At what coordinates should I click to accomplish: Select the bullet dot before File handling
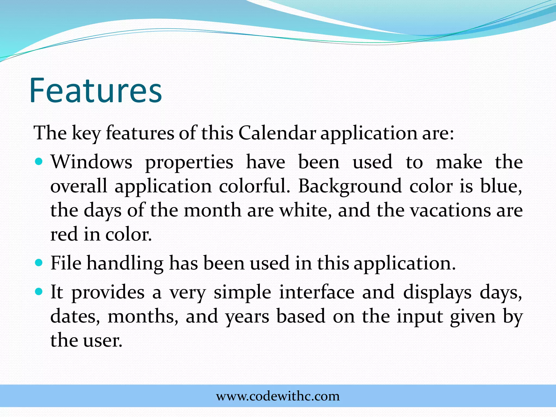pyautogui.click(x=39, y=263)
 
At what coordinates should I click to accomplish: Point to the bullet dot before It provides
pyautogui.click(x=39, y=292)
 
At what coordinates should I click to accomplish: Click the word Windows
pyautogui.click(x=91, y=162)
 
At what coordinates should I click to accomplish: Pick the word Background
pyautogui.click(x=350, y=187)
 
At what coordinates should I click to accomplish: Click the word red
pyautogui.click(x=64, y=234)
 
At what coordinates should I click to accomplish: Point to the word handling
pyautogui.click(x=125, y=264)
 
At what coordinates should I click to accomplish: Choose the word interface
pyautogui.click(x=317, y=292)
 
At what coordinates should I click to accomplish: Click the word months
pyautogui.click(x=143, y=317)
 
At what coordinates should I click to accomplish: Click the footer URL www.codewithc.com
pyautogui.click(x=278, y=396)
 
